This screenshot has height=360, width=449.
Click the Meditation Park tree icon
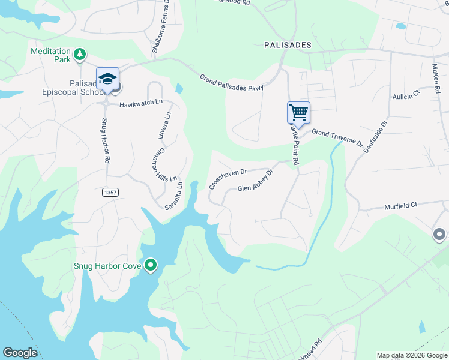click(x=79, y=56)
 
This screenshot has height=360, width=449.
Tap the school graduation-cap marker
click(x=108, y=79)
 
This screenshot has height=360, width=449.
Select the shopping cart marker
click(x=298, y=112)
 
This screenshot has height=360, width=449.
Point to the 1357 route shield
click(x=110, y=192)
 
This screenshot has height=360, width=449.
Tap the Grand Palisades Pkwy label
click(x=232, y=83)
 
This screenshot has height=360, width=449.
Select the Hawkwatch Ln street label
click(x=141, y=104)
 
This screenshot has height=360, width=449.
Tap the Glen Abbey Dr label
click(x=255, y=181)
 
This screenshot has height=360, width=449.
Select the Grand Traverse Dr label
click(x=337, y=138)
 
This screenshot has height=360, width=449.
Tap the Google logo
click(x=20, y=353)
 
